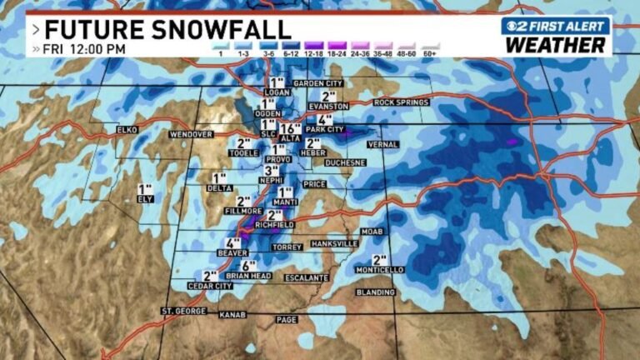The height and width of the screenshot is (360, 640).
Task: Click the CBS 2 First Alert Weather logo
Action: pyautogui.click(x=556, y=34)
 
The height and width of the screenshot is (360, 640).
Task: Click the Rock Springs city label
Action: pyautogui.click(x=401, y=102)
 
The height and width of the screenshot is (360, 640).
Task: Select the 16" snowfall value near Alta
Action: pyautogui.click(x=290, y=128)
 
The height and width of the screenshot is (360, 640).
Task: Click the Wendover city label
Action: pyautogui.click(x=192, y=134)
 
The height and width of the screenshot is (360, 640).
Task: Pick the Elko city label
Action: pyautogui.click(x=127, y=130)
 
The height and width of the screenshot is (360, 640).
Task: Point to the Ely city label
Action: pyautogui.click(x=146, y=200)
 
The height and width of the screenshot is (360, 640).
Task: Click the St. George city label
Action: pyautogui.click(x=182, y=311)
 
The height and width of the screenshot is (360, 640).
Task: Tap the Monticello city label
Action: pyautogui.click(x=381, y=270)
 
